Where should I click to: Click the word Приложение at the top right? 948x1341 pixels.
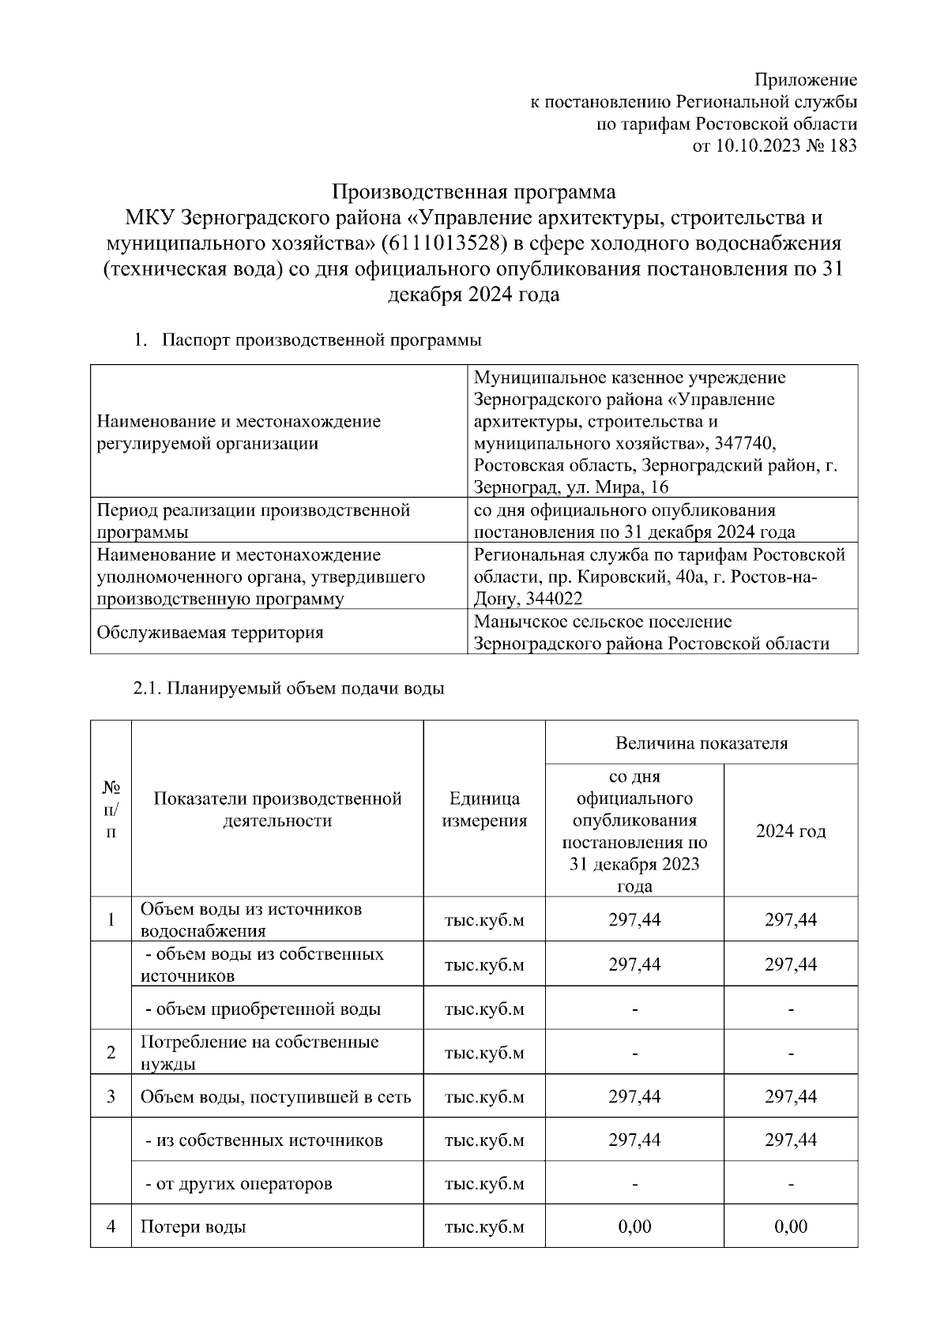click(x=805, y=80)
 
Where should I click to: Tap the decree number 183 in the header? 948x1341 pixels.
click(x=843, y=145)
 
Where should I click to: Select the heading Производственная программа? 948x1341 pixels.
click(x=473, y=193)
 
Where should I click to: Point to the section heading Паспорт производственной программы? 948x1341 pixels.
click(x=322, y=340)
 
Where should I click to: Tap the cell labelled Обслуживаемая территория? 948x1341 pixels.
click(x=209, y=633)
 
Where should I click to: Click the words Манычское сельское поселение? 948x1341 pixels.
click(x=603, y=622)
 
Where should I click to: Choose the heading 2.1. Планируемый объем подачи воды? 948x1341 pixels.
click(x=288, y=689)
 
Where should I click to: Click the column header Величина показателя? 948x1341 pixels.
click(x=701, y=743)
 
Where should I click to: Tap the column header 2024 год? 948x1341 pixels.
click(x=790, y=832)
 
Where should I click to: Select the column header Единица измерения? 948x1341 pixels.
click(x=484, y=809)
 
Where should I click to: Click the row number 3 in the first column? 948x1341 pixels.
click(x=111, y=1096)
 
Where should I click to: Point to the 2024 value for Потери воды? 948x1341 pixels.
click(x=791, y=1226)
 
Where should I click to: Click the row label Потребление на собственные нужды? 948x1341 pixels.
click(x=259, y=1052)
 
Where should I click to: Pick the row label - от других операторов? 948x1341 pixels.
click(x=239, y=1184)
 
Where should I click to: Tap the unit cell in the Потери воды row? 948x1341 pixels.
click(x=484, y=1226)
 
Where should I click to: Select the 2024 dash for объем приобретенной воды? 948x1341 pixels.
click(x=791, y=1009)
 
